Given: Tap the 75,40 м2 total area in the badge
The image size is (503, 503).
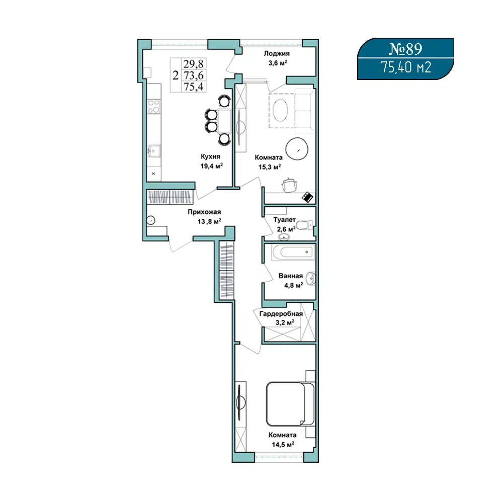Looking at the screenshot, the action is click(x=406, y=67).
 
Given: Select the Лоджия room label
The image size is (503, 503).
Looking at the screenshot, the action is click(x=277, y=54).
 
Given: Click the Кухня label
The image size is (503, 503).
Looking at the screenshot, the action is click(x=210, y=156).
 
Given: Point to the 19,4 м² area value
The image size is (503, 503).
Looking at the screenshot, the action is click(x=211, y=166).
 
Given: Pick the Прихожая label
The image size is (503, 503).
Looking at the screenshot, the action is click(x=204, y=212).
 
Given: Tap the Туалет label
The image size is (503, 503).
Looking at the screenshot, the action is click(x=285, y=220).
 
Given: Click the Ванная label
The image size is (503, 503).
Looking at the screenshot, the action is click(x=291, y=276).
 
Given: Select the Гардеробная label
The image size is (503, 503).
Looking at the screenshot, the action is click(x=281, y=314).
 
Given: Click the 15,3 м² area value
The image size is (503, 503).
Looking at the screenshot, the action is click(x=270, y=167).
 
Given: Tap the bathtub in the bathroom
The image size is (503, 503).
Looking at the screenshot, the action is click(x=293, y=252).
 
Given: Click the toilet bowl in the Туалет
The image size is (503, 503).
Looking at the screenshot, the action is click(x=304, y=225).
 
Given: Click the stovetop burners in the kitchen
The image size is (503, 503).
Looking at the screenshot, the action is click(x=153, y=106).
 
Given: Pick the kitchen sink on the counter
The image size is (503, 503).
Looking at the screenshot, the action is click(x=154, y=151).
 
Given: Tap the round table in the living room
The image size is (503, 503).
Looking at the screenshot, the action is click(x=297, y=148).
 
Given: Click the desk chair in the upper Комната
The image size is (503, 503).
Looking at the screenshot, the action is click(x=290, y=185).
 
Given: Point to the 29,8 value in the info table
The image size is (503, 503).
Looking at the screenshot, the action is click(x=194, y=64).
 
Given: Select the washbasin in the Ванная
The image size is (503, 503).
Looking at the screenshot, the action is click(x=310, y=279).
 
